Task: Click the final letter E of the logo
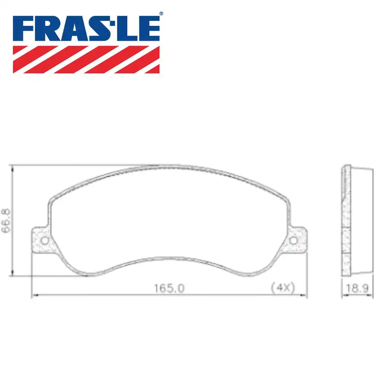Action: [x=149, y=28]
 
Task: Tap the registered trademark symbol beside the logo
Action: [x=161, y=14]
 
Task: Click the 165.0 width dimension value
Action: [x=169, y=288]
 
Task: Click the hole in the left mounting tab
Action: [x=44, y=241]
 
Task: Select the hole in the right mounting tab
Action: [x=293, y=241]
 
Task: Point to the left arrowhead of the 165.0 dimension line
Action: [x=33, y=295]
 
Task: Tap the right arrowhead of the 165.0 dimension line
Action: [x=304, y=295]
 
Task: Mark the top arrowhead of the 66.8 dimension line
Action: [x=13, y=168]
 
